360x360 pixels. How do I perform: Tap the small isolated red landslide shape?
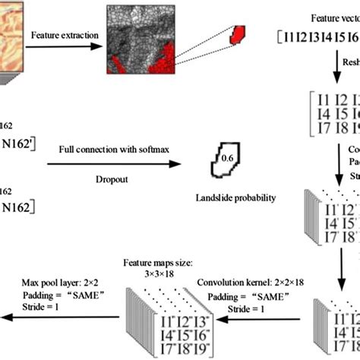[x=240, y=34]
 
